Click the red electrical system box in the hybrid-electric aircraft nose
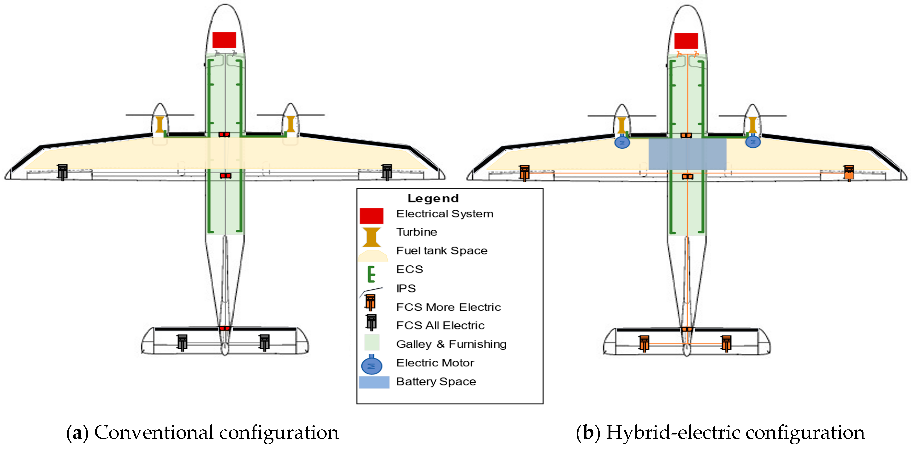(x=686, y=41)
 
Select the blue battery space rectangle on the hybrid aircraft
(x=687, y=154)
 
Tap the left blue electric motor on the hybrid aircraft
(x=622, y=142)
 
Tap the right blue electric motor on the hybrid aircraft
(x=753, y=142)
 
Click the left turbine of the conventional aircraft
(x=160, y=124)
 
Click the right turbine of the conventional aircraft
(x=291, y=124)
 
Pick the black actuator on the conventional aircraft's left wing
(x=63, y=172)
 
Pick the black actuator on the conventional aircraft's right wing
(x=387, y=172)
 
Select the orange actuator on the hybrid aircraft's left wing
(x=524, y=173)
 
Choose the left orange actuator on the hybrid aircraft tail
(x=644, y=343)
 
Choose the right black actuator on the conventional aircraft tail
(x=264, y=342)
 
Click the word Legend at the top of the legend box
(x=433, y=198)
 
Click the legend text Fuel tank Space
(x=442, y=251)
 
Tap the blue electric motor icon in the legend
(x=371, y=365)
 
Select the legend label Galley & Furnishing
(x=451, y=344)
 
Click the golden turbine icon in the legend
(x=371, y=237)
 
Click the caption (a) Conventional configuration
(x=202, y=432)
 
